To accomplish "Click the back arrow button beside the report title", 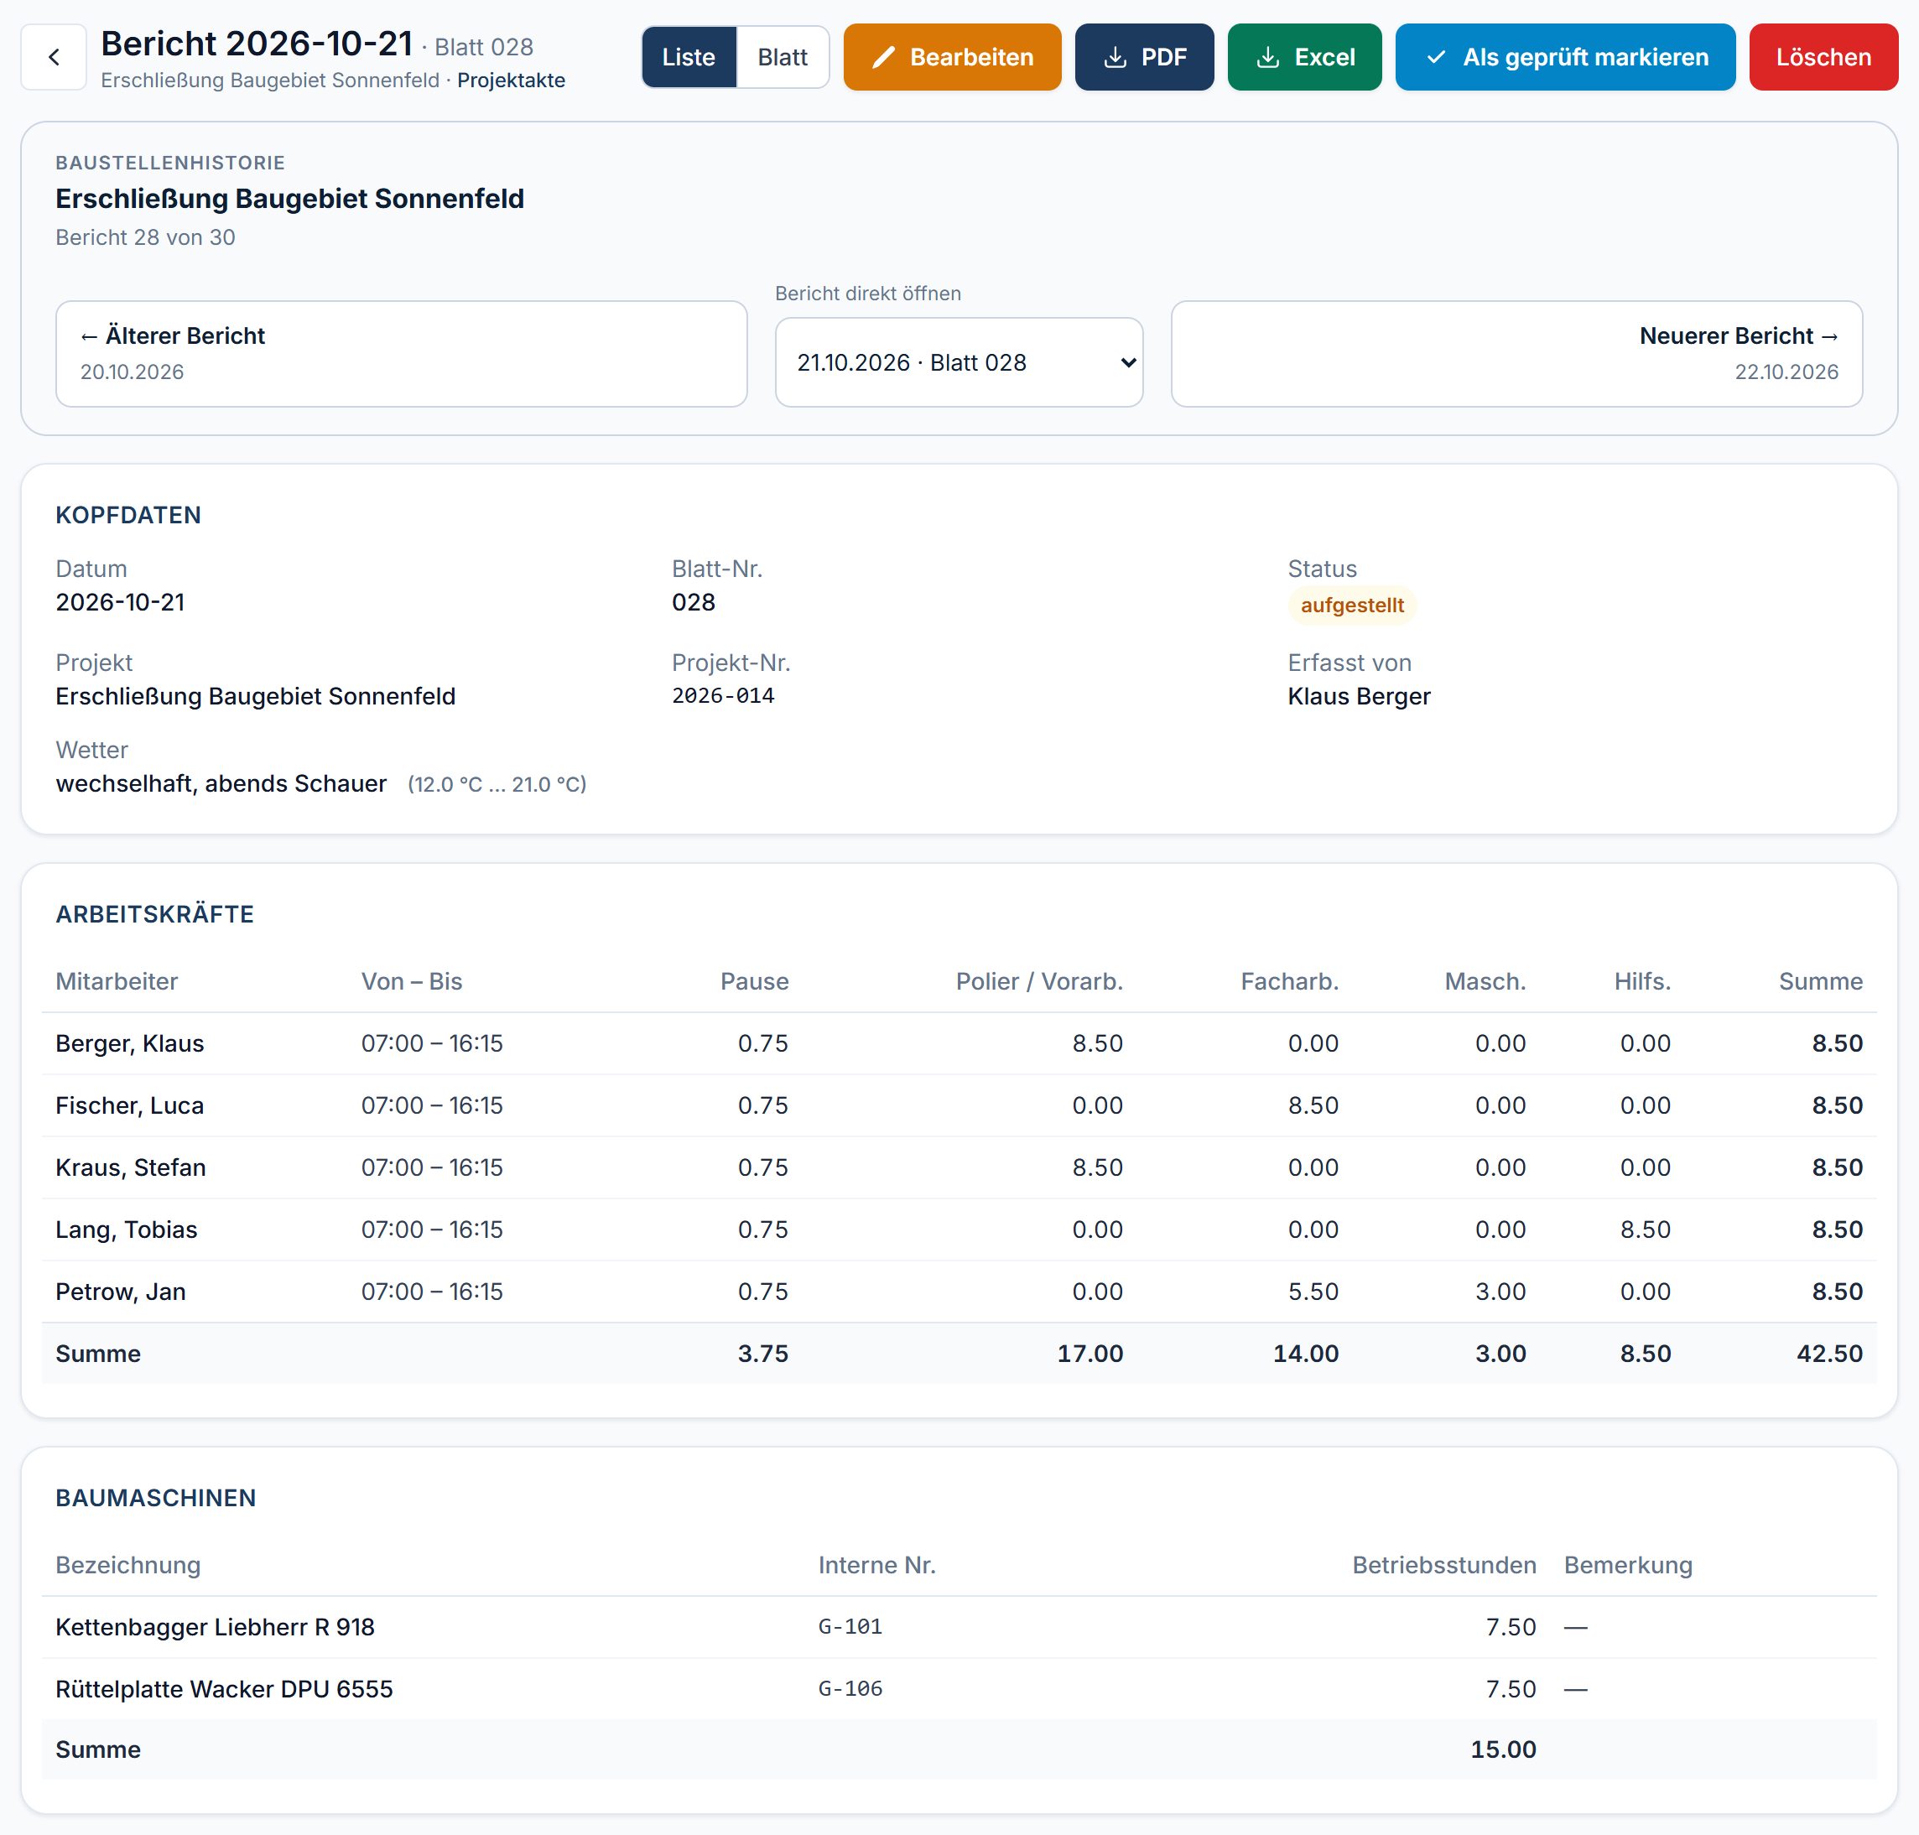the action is [54, 58].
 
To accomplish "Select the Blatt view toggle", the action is [783, 58].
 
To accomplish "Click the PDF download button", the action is [1144, 58].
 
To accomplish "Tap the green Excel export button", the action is [1305, 58].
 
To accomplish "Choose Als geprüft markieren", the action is [1565, 58].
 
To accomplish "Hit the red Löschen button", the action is [1823, 58].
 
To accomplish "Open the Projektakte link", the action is [512, 81].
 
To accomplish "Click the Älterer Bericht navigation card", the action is [401, 354].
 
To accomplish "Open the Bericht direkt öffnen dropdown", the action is [959, 363].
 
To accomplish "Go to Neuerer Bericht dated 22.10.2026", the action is [1517, 354].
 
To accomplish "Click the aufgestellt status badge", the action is [1352, 606].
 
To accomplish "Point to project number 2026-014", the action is [723, 695].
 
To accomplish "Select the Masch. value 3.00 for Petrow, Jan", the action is [1500, 1292].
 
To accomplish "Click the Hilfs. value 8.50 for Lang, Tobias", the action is [1645, 1229].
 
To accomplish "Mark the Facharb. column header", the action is [1289, 981].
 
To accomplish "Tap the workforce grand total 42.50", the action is [1829, 1354].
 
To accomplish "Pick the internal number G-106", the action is [850, 1689].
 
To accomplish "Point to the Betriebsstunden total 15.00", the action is [1503, 1750].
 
